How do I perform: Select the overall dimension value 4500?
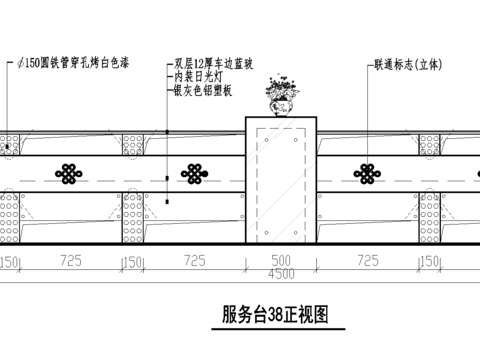pos(280,272)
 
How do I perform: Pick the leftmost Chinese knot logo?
pos(68,174)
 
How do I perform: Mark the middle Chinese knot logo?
pos(193,174)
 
